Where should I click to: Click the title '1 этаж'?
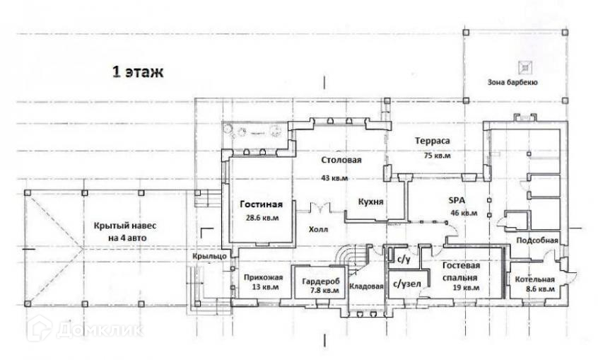click(x=138, y=72)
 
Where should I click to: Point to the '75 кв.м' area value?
click(x=437, y=156)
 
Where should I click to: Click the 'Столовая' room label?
click(x=341, y=161)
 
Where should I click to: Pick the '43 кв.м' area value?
click(x=334, y=178)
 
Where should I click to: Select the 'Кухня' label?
click(x=370, y=202)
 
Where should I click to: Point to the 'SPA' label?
click(x=456, y=200)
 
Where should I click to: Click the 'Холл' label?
click(x=318, y=230)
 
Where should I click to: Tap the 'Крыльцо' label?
click(x=209, y=256)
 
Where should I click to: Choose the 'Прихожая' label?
click(x=259, y=277)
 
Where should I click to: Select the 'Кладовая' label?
click(x=366, y=286)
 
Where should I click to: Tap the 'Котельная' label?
click(x=535, y=279)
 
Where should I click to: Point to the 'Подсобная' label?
click(x=537, y=240)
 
